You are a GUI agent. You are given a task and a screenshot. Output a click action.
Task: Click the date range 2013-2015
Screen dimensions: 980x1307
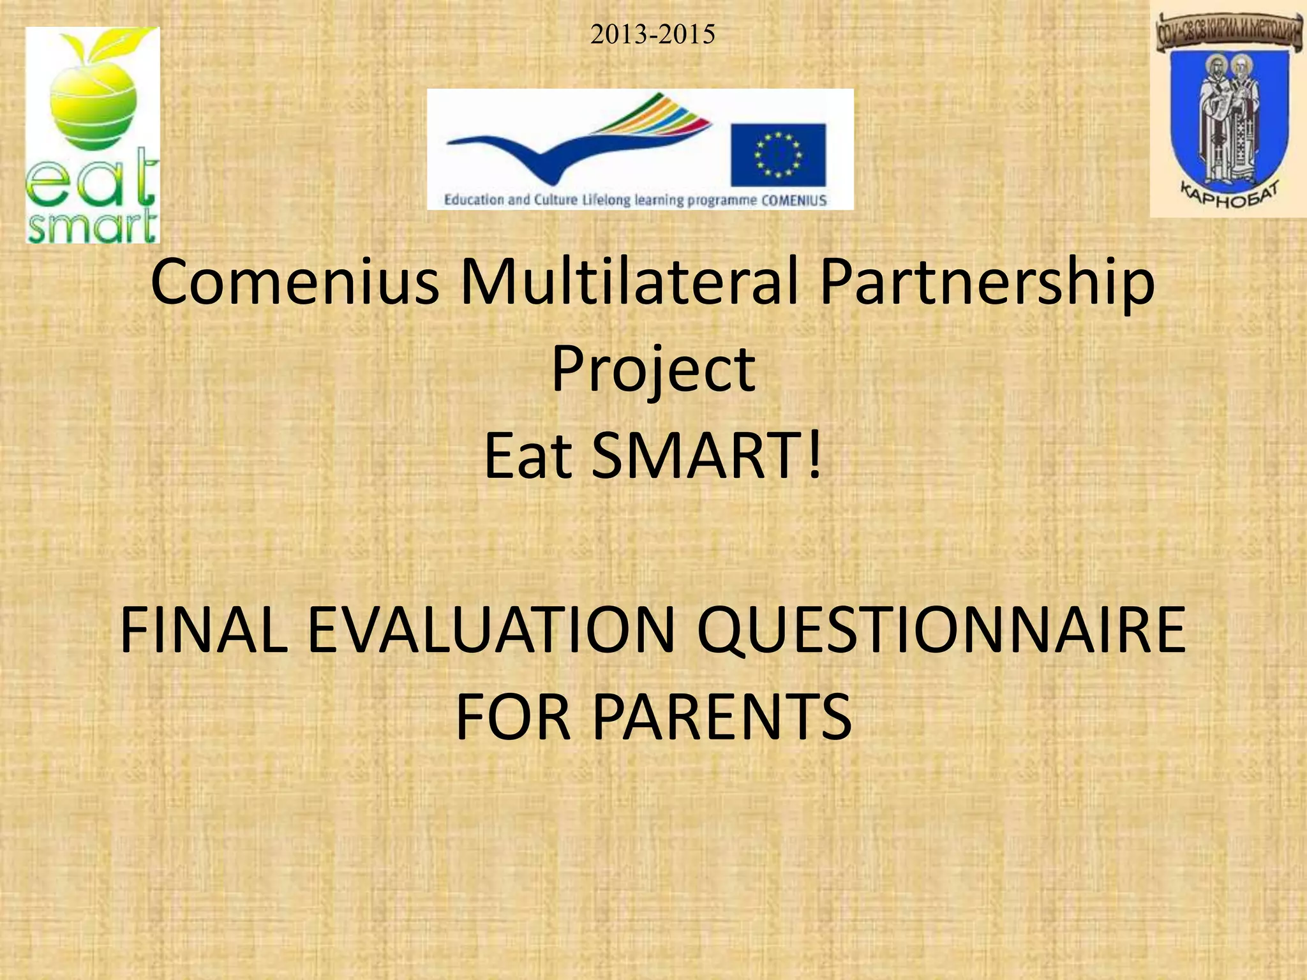[x=652, y=34]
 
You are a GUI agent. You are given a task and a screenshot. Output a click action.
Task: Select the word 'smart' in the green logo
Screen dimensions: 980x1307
[x=92, y=226]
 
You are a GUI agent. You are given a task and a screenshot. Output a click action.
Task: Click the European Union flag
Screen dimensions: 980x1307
[x=778, y=155]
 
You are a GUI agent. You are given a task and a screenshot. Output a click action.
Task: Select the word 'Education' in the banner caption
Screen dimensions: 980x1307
[x=474, y=200]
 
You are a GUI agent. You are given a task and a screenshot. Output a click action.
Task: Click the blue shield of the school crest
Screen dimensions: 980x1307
[x=1228, y=121]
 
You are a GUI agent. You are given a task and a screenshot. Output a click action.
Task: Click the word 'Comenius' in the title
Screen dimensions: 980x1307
[x=295, y=282]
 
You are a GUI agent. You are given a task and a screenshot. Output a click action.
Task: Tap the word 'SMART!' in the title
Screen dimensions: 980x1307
[x=707, y=456]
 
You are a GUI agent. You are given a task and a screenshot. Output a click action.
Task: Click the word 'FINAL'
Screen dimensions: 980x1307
[x=204, y=630]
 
